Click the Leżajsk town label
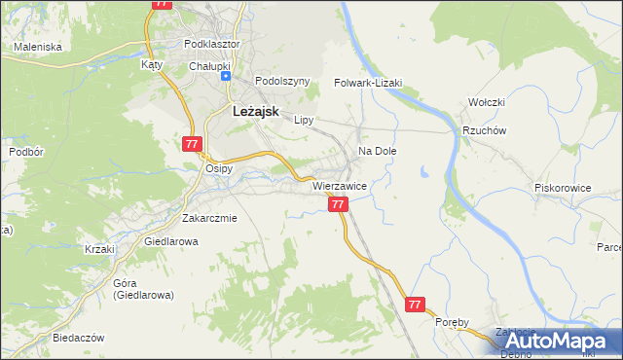point(256,111)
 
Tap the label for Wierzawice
point(339,186)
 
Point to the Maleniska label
point(38,46)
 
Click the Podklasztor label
point(212,44)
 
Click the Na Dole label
point(378,152)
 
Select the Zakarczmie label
point(209,218)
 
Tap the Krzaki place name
point(99,249)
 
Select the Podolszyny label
point(281,82)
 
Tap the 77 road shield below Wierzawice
point(338,204)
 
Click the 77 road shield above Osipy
point(192,144)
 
